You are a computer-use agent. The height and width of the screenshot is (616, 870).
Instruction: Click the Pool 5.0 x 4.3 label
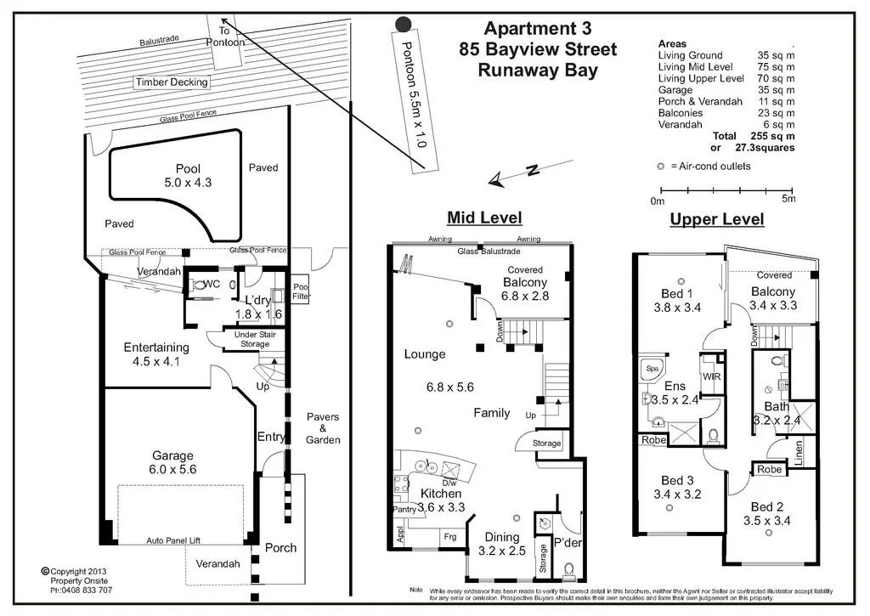click(188, 175)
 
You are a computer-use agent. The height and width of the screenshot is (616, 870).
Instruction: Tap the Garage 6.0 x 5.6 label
click(173, 461)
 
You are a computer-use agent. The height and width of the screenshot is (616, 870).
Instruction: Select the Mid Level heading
click(484, 218)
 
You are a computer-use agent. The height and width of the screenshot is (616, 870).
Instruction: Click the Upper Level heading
click(717, 219)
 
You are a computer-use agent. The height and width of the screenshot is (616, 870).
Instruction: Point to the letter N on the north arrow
click(532, 170)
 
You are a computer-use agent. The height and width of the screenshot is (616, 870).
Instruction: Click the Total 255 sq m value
click(776, 136)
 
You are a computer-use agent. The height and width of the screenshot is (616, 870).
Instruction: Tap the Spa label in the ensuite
click(652, 369)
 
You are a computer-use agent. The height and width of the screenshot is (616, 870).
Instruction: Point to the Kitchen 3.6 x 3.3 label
click(441, 500)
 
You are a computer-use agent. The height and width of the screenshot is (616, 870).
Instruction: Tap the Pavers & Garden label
click(323, 428)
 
